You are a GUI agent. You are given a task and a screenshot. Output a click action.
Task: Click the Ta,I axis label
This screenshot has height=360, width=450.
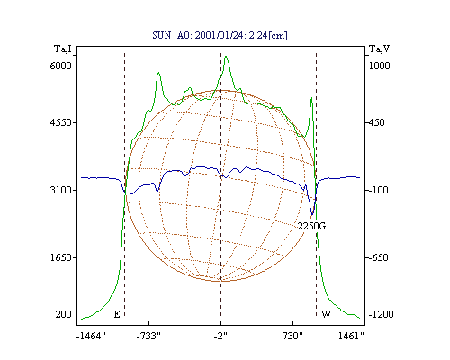[x=63, y=49]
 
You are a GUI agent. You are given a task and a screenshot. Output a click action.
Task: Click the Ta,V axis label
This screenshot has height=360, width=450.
[x=379, y=49]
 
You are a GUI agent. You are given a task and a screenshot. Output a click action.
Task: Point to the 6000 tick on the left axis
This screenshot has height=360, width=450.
[x=61, y=66]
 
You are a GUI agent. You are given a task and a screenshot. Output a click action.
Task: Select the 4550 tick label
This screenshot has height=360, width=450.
[x=61, y=122]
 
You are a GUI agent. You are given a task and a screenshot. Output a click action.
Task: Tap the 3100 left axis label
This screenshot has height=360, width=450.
[x=61, y=190]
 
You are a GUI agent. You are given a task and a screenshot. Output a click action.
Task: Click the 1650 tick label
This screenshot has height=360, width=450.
[x=61, y=257]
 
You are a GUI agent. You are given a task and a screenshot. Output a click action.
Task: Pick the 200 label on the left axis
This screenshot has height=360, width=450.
[x=63, y=314]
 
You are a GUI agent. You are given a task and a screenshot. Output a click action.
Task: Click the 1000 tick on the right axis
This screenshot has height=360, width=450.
[x=379, y=66]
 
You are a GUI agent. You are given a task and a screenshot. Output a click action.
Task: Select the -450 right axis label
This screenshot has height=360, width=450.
[x=376, y=122]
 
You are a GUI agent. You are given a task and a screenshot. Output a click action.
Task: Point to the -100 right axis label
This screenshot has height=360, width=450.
[x=378, y=190]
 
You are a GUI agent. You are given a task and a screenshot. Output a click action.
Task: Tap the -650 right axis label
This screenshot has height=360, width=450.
[x=378, y=257]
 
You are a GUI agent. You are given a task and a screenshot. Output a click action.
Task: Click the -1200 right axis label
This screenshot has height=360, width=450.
[x=381, y=314]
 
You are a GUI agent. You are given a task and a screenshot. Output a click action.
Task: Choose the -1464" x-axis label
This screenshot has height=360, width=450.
[x=91, y=336]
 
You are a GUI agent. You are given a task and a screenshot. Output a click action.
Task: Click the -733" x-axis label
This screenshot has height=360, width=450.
[x=148, y=336]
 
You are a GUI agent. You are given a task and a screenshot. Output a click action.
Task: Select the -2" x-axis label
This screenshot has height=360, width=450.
[x=220, y=336]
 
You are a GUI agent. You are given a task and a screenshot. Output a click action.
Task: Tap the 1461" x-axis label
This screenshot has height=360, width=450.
[x=351, y=336]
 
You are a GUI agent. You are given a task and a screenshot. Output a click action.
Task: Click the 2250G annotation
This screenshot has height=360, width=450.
[x=311, y=226]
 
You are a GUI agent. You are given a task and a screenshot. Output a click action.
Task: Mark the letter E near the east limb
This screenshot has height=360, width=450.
[x=117, y=314]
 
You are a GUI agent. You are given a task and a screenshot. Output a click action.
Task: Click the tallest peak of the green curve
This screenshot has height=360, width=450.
[x=226, y=57]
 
